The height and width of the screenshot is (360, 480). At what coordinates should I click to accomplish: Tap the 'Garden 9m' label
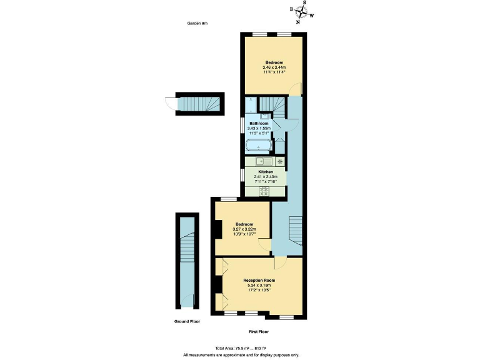coord(197,23)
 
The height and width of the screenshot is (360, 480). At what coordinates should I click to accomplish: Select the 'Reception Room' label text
coord(259,281)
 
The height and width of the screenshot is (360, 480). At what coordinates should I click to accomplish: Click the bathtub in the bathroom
coord(258,146)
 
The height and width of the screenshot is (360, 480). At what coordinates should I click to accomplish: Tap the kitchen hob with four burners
coord(263,191)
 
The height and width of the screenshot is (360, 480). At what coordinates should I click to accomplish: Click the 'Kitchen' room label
coord(266,172)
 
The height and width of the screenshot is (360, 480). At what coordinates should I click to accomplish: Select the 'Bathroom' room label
coord(259,124)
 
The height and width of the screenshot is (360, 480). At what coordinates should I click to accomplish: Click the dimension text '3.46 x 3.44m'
coord(274,67)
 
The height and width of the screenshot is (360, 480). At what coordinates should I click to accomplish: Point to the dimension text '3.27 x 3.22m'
coord(244,229)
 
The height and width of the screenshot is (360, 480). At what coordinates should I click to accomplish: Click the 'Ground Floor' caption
coord(187,321)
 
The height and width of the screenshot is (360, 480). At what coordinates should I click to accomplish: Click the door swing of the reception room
coord(279,262)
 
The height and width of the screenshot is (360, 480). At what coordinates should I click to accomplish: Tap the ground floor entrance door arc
coord(167,103)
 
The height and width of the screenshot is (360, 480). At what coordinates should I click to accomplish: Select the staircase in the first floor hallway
coord(295,229)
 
